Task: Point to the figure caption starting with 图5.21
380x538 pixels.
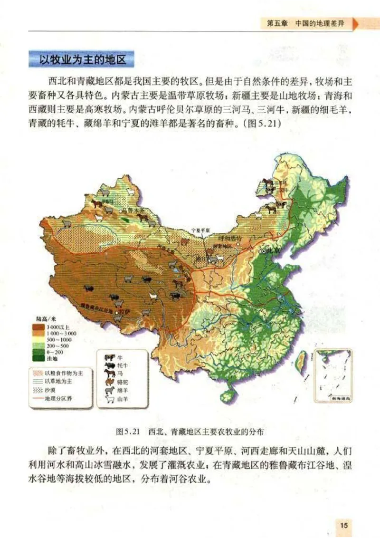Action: point(190,432)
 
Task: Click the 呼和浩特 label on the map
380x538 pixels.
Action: point(230,237)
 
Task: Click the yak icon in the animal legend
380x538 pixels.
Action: point(109,365)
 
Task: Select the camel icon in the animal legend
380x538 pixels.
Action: point(109,382)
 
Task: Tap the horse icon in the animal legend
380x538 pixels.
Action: point(109,373)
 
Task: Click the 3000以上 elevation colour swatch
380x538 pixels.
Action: point(38,327)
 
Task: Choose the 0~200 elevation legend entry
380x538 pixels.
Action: point(38,352)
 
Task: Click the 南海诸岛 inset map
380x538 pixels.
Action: point(332,375)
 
